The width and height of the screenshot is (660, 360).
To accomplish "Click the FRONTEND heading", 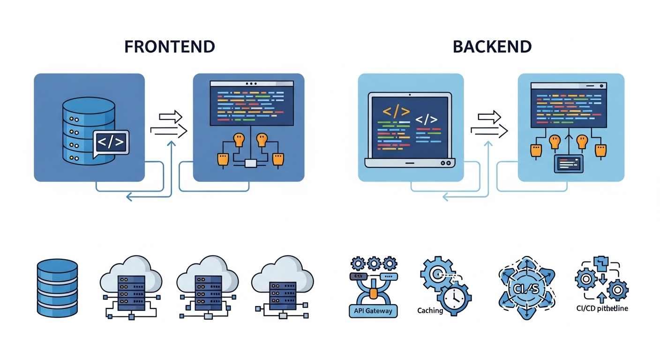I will coord(169,47).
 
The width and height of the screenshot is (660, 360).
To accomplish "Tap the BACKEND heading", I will coord(492,47).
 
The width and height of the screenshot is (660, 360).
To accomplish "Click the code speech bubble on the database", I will coord(111,142).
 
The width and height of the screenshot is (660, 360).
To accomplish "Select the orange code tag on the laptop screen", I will coord(396,112).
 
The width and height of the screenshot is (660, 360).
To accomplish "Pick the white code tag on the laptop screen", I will coord(426,120).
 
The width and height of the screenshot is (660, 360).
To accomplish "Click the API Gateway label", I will coord(373,311).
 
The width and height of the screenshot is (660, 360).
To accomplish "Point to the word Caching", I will coord(430,310).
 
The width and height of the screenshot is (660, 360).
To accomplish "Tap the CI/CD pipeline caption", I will coord(602,308).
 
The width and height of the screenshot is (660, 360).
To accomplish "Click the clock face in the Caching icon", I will coord(453,296).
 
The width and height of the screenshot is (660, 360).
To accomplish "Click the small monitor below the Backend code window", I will coord(569,164).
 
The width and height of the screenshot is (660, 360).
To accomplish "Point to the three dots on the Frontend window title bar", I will coord(252,84).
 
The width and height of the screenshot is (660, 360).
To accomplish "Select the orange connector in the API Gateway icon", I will coord(373,293).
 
